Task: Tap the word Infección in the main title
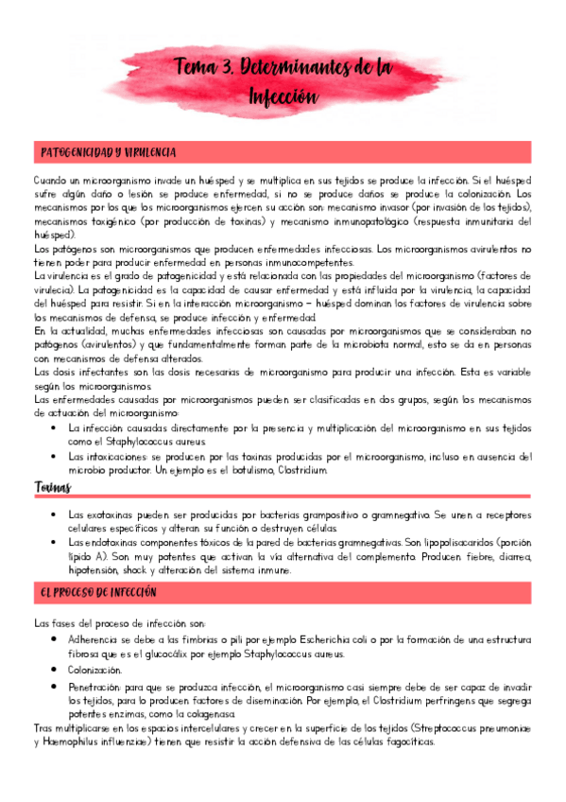283,96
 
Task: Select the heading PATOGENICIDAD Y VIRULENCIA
107,152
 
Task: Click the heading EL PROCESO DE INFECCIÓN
99,592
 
